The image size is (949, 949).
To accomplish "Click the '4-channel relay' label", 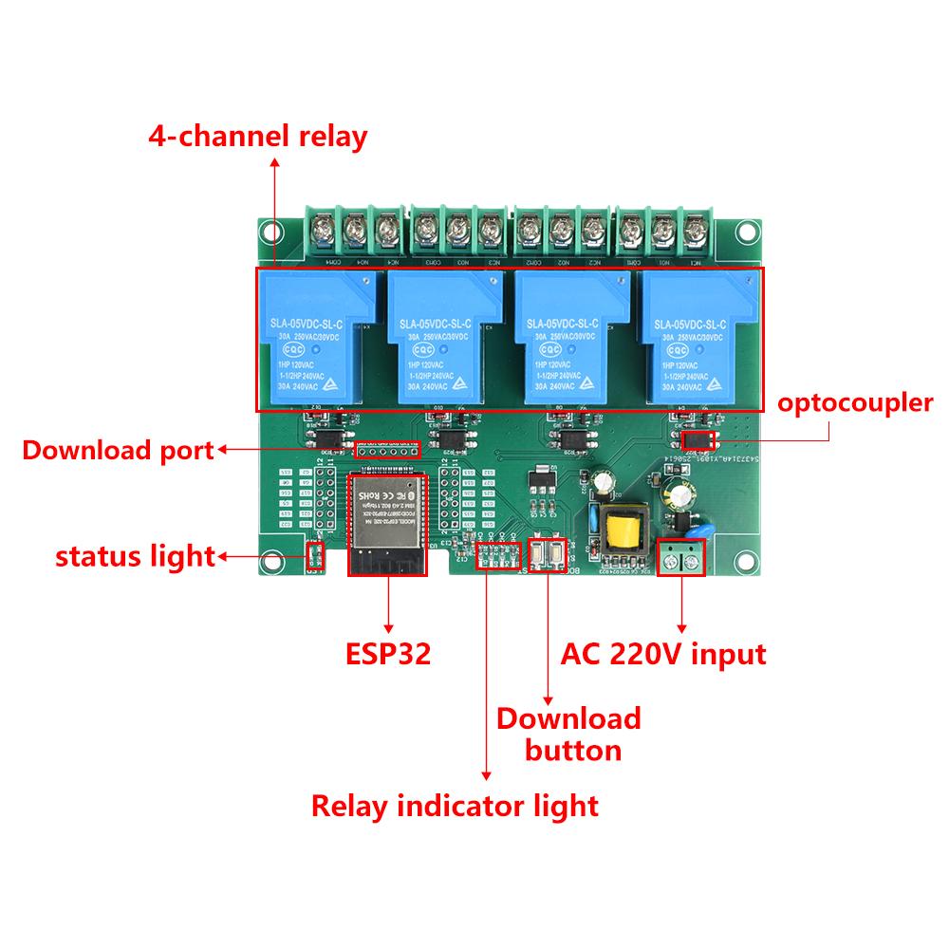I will pyautogui.click(x=257, y=137).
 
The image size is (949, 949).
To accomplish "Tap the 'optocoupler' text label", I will pyautogui.click(x=855, y=403).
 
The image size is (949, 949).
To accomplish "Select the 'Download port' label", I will pyautogui.click(x=119, y=450).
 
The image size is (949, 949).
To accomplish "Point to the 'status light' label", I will pyautogui.click(x=135, y=556).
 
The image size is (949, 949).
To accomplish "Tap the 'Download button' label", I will pyautogui.click(x=569, y=734).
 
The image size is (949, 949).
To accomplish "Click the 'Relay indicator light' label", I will pyautogui.click(x=456, y=807).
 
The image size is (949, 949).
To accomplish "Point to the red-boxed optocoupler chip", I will pyautogui.click(x=698, y=441).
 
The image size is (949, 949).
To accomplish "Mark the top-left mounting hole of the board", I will pyautogui.click(x=273, y=231).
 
